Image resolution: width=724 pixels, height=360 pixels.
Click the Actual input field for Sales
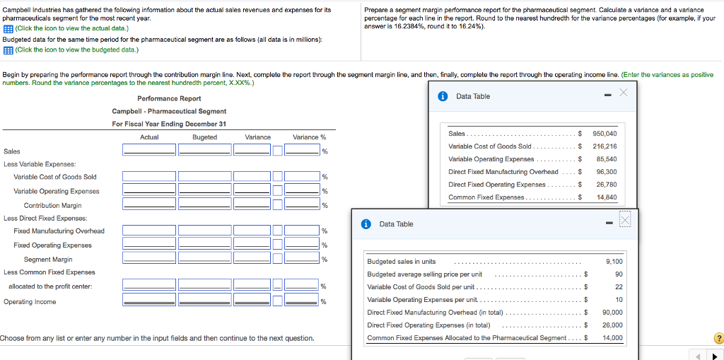tap(149, 150)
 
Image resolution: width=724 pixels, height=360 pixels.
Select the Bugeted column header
tap(204, 137)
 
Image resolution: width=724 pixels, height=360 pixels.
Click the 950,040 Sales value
tap(605, 134)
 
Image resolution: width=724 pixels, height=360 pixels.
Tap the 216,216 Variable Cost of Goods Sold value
tap(605, 146)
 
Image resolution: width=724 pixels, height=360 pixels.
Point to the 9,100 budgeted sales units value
tap(614, 262)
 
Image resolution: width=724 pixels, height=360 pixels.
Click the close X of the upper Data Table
tap(622, 93)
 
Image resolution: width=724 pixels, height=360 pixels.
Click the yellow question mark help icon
tap(719, 337)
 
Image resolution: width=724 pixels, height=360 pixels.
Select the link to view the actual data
tap(71, 28)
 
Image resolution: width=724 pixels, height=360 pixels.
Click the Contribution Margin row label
tap(52, 206)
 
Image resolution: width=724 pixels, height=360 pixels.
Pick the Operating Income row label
tap(30, 302)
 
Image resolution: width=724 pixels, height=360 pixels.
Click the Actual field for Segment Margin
tap(149, 259)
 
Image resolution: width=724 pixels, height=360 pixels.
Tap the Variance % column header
tap(309, 137)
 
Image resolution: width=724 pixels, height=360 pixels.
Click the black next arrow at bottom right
tap(714, 356)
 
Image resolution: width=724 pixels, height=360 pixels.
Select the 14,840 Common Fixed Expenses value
tap(607, 197)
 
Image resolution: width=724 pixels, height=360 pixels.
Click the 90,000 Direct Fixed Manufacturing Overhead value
tap(612, 313)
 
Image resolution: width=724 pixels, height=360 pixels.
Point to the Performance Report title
tap(169, 98)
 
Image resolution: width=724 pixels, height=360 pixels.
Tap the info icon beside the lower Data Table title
tap(366, 224)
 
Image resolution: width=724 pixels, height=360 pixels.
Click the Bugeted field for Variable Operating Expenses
tap(204, 190)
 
